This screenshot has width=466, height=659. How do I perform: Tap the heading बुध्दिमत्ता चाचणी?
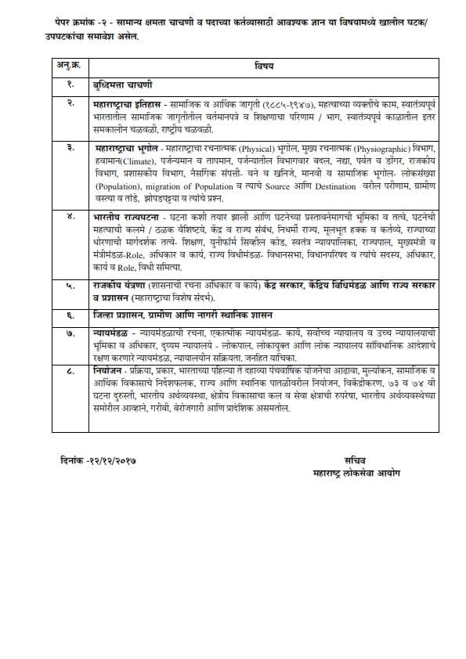122,84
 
